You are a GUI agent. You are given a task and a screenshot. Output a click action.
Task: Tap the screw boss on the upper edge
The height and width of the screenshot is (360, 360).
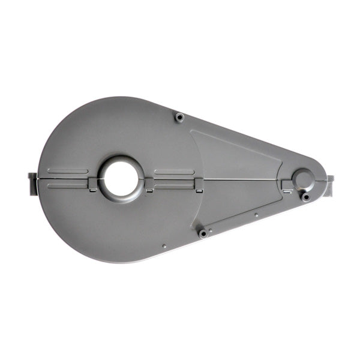[179, 116]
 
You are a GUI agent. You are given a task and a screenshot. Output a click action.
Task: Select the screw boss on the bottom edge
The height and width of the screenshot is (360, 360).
[203, 233]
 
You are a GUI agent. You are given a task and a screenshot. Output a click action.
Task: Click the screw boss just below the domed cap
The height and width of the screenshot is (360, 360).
[306, 196]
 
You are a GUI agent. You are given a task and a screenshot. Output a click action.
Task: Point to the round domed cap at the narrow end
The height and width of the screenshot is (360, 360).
[302, 178]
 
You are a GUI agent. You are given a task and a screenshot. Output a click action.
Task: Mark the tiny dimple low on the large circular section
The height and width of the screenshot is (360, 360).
[164, 245]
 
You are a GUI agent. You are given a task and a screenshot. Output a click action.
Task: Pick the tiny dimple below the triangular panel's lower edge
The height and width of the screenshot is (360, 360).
[256, 214]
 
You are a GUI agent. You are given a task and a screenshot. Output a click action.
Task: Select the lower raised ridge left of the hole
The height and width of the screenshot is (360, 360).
[68, 186]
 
